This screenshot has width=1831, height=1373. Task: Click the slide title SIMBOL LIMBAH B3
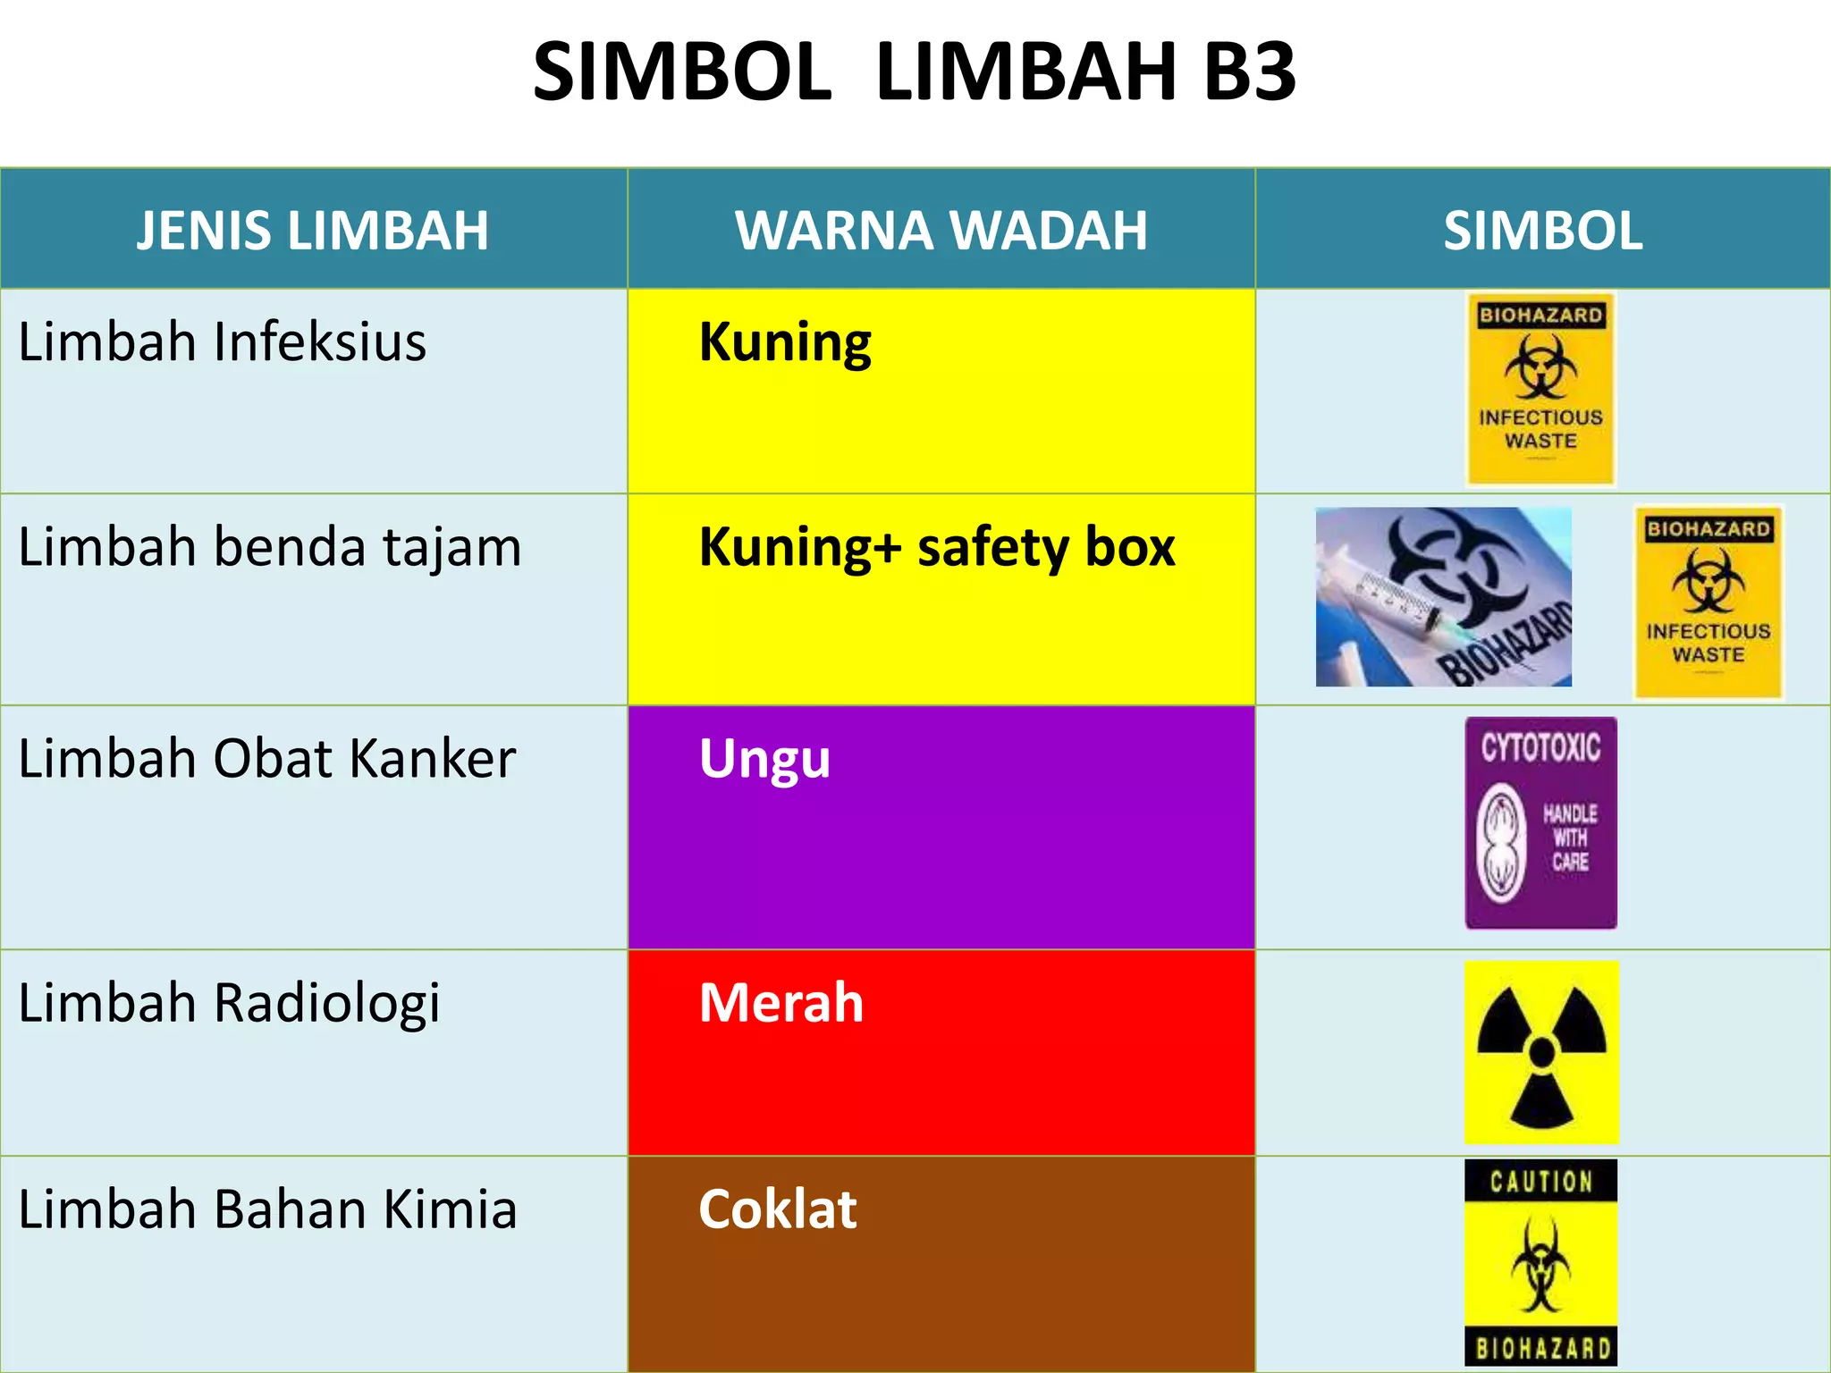[x=914, y=72]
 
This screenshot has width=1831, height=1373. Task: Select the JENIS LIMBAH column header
[x=313, y=231]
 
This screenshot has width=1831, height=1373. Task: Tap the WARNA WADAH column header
[x=941, y=231]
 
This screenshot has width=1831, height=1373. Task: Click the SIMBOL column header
[x=1542, y=231]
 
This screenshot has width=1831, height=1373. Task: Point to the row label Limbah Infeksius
[x=222, y=342]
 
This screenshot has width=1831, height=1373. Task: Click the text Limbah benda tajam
[x=269, y=547]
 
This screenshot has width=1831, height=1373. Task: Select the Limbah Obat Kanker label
[x=266, y=759]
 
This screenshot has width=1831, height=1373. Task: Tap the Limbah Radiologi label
[x=229, y=1003]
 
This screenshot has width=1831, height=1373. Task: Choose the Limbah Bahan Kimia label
[x=267, y=1209]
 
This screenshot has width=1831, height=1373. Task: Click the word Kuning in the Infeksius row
[x=784, y=342]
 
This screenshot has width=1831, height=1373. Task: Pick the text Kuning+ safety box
[x=936, y=547]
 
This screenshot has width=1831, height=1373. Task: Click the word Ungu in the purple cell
[x=764, y=759]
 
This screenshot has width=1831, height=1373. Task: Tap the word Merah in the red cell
[x=780, y=1003]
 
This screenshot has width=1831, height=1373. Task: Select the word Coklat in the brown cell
[x=777, y=1209]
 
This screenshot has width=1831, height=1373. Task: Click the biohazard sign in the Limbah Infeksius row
[x=1540, y=389]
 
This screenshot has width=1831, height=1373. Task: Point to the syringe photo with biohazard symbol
[x=1443, y=597]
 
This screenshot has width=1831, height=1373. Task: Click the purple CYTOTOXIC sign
[x=1540, y=822]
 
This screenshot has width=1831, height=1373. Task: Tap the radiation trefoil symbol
[x=1541, y=1052]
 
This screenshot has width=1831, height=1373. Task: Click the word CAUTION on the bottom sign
[x=1540, y=1182]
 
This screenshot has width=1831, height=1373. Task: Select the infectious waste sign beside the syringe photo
[x=1709, y=602]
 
